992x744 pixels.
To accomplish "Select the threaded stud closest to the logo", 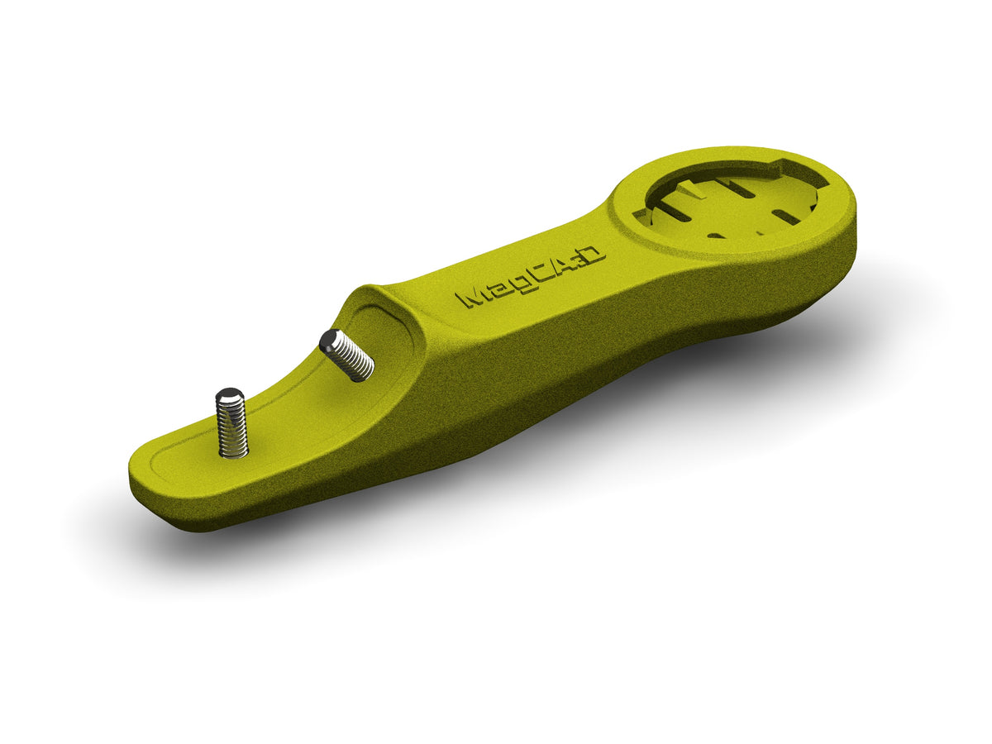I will click(x=347, y=355).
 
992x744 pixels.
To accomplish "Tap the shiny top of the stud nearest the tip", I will click(x=229, y=396).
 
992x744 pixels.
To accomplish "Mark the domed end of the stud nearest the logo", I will click(x=331, y=340).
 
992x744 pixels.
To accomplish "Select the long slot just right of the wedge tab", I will click(x=734, y=187).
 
